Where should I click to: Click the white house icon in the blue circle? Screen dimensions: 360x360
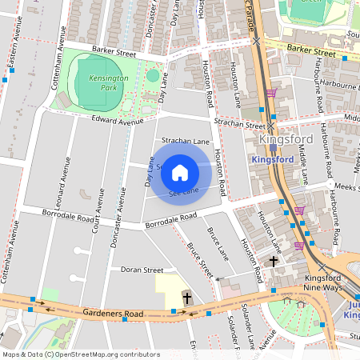tap(180, 172)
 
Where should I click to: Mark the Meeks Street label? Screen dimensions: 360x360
tap(346, 187)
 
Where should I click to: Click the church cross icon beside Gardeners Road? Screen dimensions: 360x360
tap(187, 298)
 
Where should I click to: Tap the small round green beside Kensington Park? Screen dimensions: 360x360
tap(152, 76)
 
